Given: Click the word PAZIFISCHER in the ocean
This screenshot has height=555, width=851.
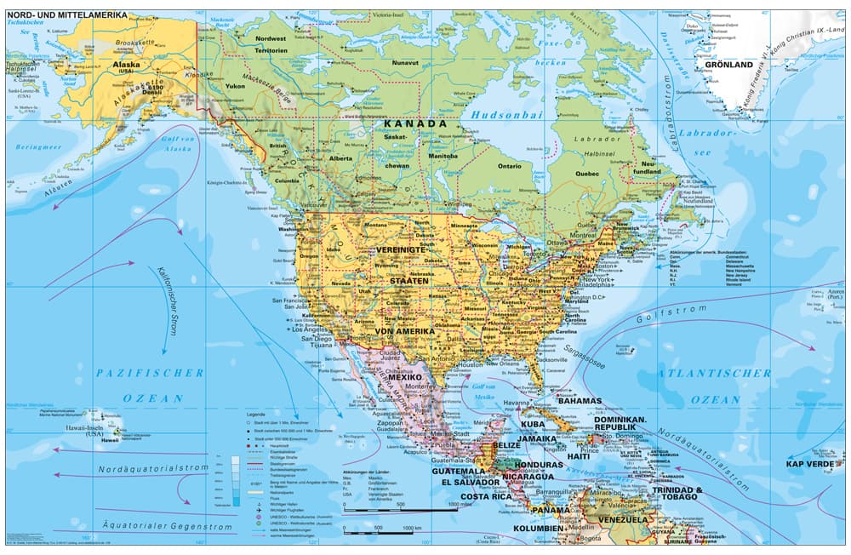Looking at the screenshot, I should click(150, 373).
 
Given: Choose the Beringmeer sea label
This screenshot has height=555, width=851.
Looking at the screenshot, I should click(35, 147).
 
